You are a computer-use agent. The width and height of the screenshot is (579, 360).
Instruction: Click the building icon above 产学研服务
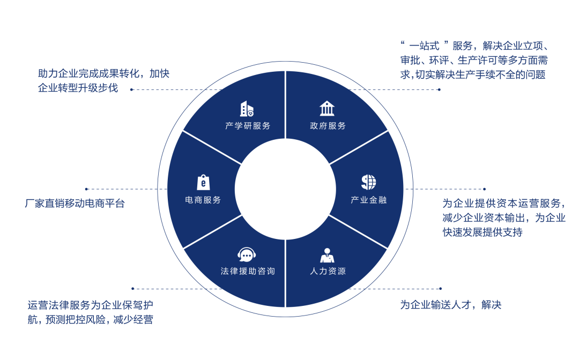pos(247,109)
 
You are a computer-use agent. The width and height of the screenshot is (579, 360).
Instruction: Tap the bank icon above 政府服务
pos(327,109)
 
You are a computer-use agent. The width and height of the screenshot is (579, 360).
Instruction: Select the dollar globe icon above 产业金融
pos(368,182)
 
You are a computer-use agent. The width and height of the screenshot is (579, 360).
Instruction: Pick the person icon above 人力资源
pos(327,254)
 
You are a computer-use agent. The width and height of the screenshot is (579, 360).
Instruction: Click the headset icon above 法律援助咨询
pos(246,254)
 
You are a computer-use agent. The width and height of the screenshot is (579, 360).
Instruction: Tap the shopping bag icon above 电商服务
pos(203,182)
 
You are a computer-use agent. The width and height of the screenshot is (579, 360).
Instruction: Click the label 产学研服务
pos(248,126)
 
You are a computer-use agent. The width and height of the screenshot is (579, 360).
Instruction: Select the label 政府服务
pos(328,126)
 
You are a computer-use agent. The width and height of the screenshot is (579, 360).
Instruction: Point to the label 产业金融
pos(368,200)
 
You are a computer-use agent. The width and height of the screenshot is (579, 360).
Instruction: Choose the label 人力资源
pos(328,271)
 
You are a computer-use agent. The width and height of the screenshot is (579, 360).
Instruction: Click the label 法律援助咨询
pos(248,271)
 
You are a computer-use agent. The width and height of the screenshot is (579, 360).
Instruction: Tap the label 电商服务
pos(203,200)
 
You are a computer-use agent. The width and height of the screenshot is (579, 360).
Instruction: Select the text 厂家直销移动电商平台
pos(75,204)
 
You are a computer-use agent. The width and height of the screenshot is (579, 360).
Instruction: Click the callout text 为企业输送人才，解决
pos(450,305)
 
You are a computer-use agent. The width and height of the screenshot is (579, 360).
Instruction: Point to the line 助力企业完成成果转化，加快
pos(103,74)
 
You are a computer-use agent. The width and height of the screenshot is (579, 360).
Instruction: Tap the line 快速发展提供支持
pos(482,232)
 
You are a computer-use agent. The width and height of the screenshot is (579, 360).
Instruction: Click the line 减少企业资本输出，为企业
pos(503,217)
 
